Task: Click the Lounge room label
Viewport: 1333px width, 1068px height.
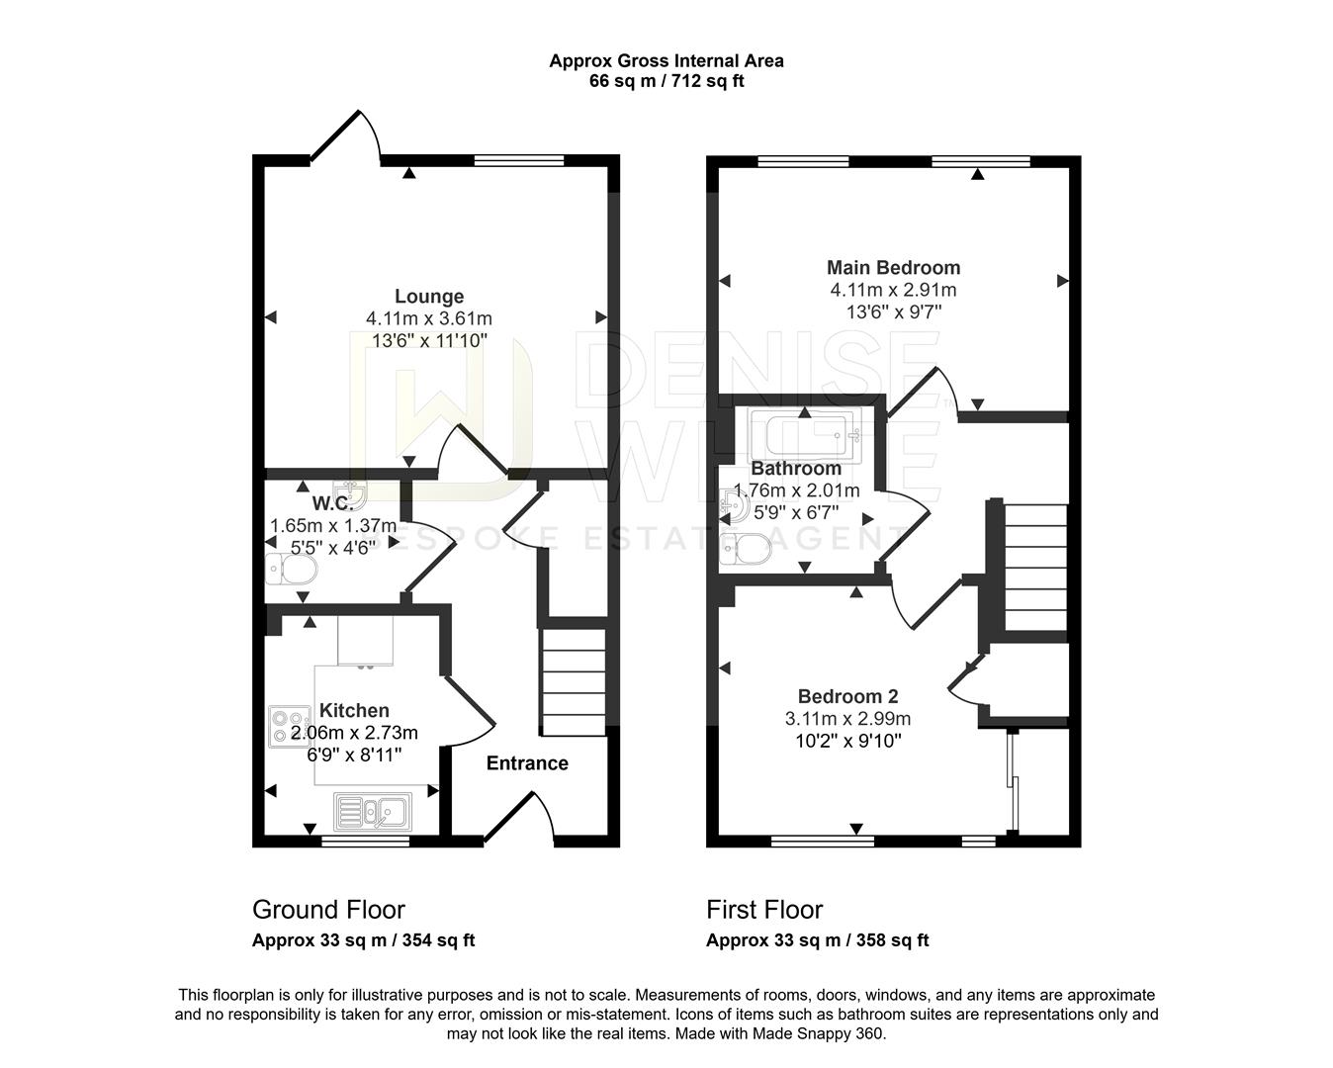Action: coord(429,296)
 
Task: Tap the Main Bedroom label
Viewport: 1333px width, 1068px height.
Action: coord(893,267)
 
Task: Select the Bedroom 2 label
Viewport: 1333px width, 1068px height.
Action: coord(847,696)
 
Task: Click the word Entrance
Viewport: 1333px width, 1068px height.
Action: coord(527,763)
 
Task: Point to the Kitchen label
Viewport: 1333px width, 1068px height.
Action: coord(354,710)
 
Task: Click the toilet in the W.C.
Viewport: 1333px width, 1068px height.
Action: coord(292,569)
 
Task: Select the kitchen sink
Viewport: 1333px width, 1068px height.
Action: coord(376,812)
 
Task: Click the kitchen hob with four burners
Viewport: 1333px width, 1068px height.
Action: coord(289,726)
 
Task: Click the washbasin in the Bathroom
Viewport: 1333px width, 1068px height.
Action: coord(736,506)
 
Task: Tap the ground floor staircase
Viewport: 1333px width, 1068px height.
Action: coord(573,682)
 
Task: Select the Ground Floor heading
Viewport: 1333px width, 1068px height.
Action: coord(328,909)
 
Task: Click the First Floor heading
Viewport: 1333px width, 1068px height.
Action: coord(764,909)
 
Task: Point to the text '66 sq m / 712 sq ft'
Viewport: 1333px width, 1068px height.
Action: coord(666,81)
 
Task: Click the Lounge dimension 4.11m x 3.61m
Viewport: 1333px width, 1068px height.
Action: coord(429,318)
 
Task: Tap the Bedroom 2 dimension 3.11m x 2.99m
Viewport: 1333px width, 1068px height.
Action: coord(847,719)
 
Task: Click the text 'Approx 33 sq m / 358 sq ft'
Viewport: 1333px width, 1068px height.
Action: coord(817,940)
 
